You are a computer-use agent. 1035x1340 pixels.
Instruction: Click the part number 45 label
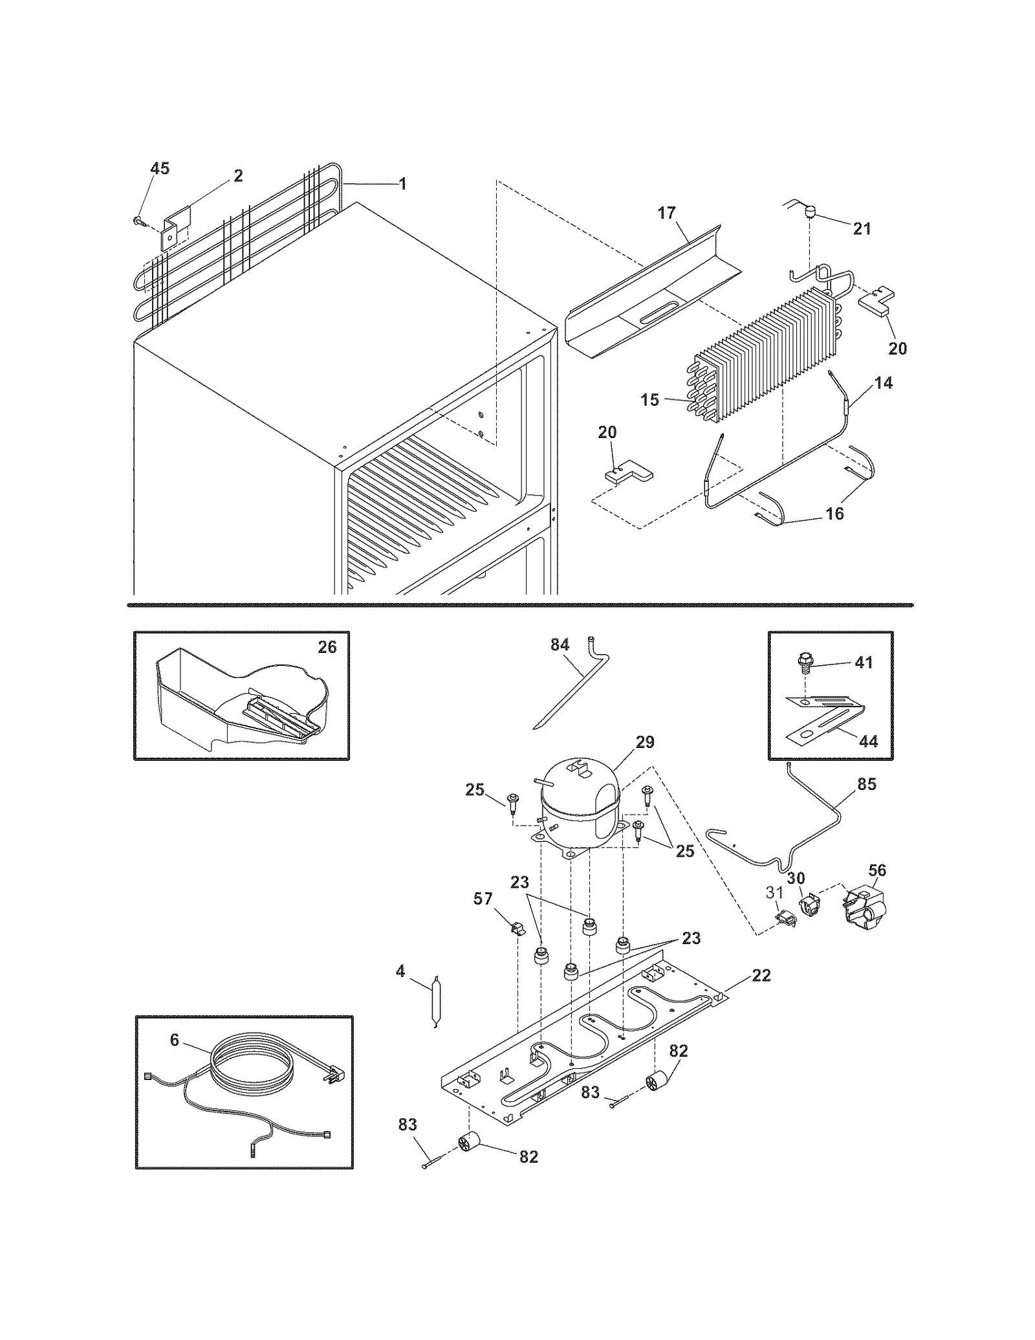pyautogui.click(x=160, y=169)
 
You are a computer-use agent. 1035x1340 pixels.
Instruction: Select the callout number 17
pyautogui.click(x=667, y=212)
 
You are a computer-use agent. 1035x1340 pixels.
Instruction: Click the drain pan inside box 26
pyautogui.click(x=239, y=705)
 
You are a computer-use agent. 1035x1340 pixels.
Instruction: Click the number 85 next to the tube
pyautogui.click(x=866, y=784)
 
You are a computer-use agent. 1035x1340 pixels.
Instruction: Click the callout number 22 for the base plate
pyautogui.click(x=761, y=975)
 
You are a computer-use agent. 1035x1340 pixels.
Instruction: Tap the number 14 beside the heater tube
pyautogui.click(x=883, y=383)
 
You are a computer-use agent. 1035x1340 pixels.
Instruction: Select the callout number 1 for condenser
pyautogui.click(x=402, y=184)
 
